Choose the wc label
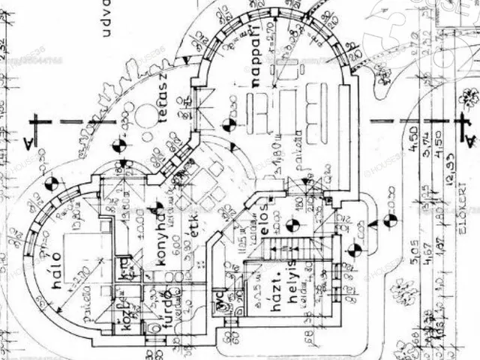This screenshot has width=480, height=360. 220,303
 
